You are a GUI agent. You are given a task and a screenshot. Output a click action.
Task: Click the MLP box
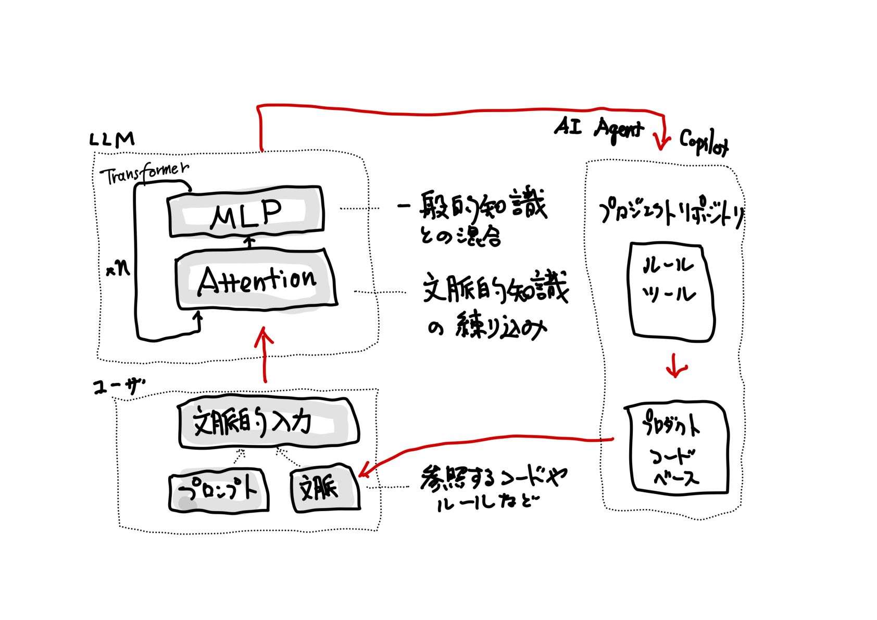tap(246, 212)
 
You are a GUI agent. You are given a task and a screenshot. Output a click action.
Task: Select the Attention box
tap(256, 280)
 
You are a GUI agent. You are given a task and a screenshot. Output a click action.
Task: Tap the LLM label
tap(112, 140)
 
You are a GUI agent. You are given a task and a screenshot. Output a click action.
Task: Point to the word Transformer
tap(144, 173)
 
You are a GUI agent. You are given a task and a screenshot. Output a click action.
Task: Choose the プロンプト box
tap(219, 491)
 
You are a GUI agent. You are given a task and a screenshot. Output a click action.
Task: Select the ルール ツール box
tap(671, 292)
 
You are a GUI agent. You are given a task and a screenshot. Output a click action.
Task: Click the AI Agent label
tap(599, 128)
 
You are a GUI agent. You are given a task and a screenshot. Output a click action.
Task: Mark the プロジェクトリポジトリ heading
tap(672, 214)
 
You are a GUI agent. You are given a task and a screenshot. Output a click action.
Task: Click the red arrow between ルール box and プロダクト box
tap(675, 366)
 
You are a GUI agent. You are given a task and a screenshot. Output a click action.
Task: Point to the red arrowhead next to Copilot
tap(662, 141)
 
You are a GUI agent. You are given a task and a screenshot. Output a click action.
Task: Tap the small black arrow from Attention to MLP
tap(249, 242)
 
